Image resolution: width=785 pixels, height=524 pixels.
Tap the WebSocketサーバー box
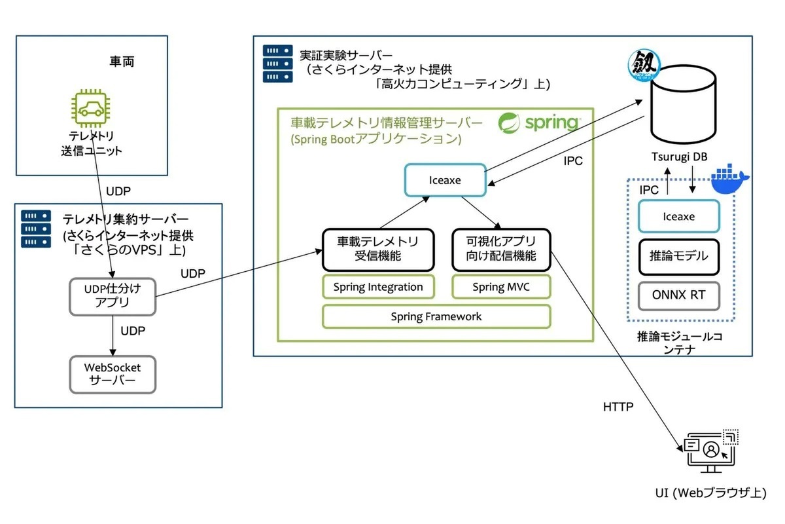(113, 374)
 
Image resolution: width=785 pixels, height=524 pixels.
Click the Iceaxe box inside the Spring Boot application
(445, 180)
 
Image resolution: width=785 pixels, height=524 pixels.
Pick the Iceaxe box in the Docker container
(678, 216)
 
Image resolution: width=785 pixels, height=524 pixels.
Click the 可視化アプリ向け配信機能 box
(502, 249)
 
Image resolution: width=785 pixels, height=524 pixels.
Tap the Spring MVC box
(502, 287)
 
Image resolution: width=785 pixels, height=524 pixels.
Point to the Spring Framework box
(436, 316)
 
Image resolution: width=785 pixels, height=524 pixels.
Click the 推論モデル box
(678, 255)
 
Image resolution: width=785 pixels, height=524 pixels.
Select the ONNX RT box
(678, 295)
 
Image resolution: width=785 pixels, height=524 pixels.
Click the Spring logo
(538, 122)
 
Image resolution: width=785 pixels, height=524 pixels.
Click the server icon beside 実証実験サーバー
(278, 64)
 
